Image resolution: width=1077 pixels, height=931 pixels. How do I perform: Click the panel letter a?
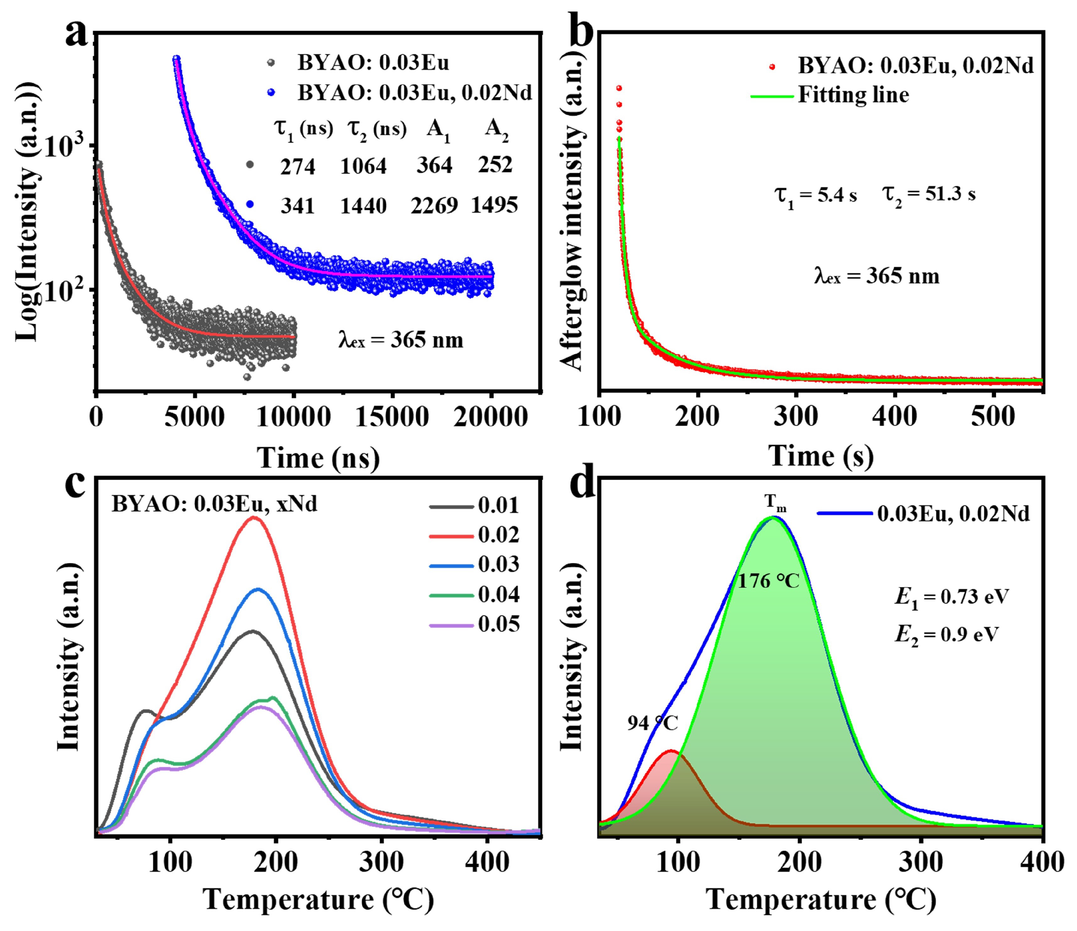point(76,35)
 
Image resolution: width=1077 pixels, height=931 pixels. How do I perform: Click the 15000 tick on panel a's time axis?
point(392,417)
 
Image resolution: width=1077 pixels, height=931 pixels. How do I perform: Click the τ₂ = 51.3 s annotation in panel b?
point(928,195)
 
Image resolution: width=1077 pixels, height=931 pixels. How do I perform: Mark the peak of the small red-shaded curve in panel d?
point(671,751)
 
